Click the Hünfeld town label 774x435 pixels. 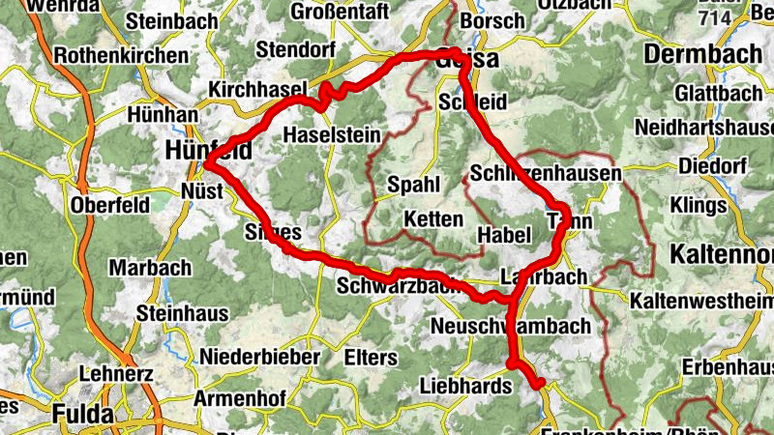[208, 150]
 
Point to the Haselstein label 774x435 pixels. [332, 135]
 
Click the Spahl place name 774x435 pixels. [413, 185]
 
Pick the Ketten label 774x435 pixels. [433, 218]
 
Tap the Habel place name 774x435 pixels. [505, 234]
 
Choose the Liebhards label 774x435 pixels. [464, 387]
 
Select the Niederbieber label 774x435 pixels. [259, 357]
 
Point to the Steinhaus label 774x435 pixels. [183, 313]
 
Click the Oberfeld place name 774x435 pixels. [109, 205]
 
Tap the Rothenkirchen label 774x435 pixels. [122, 56]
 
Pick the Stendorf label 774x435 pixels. [294, 49]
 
